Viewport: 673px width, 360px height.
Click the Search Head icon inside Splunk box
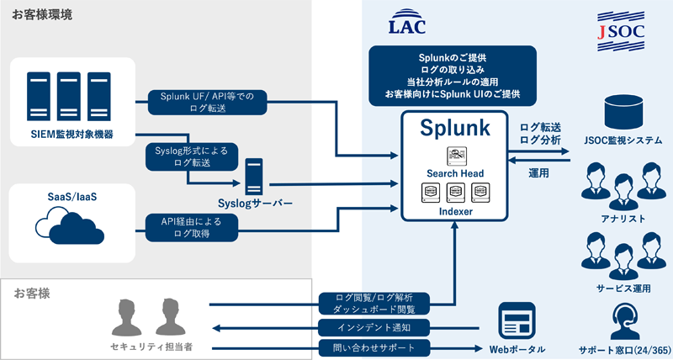pyautogui.click(x=454, y=156)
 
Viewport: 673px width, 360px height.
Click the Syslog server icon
pyautogui.click(x=255, y=177)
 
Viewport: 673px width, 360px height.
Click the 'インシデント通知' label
pyautogui.click(x=375, y=326)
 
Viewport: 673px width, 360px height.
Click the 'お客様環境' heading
pyautogui.click(x=42, y=14)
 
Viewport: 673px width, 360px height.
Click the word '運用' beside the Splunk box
pyautogui.click(x=538, y=172)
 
